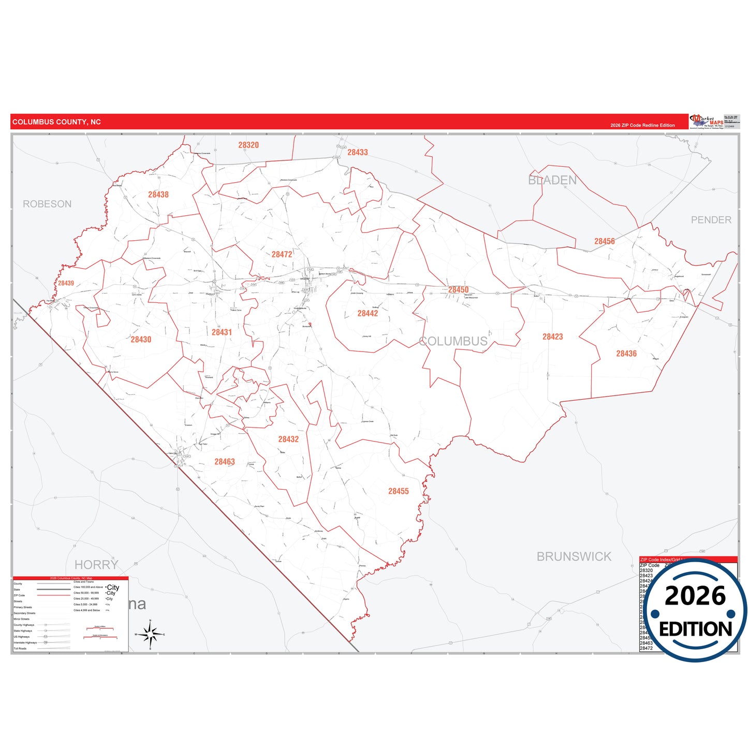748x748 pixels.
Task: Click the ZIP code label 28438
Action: pyautogui.click(x=158, y=195)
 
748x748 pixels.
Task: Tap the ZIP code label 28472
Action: pyautogui.click(x=282, y=255)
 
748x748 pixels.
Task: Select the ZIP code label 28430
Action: pyautogui.click(x=141, y=340)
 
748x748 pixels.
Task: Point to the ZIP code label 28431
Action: pyautogui.click(x=222, y=332)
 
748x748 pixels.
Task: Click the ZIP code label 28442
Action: pyautogui.click(x=368, y=314)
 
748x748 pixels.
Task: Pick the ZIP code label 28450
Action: pyautogui.click(x=458, y=290)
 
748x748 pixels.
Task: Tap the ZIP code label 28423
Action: pyautogui.click(x=552, y=337)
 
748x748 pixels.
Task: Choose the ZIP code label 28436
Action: pyautogui.click(x=626, y=354)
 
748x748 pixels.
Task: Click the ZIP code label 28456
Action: pyautogui.click(x=605, y=241)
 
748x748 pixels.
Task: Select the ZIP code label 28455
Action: pyautogui.click(x=399, y=491)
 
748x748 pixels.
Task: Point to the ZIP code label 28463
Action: pyautogui.click(x=225, y=462)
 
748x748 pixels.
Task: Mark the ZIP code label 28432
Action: pyautogui.click(x=288, y=439)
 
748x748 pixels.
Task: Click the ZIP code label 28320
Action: pyautogui.click(x=248, y=145)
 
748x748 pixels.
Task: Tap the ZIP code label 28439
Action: pyautogui.click(x=66, y=283)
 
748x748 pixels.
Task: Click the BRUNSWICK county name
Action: pyautogui.click(x=574, y=557)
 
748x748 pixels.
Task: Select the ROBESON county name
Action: pyautogui.click(x=47, y=204)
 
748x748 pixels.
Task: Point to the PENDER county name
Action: pyautogui.click(x=711, y=220)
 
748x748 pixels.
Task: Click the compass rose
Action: pyautogui.click(x=150, y=634)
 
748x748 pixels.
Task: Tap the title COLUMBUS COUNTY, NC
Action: pyautogui.click(x=56, y=122)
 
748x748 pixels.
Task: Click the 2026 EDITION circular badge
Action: pyautogui.click(x=695, y=611)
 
